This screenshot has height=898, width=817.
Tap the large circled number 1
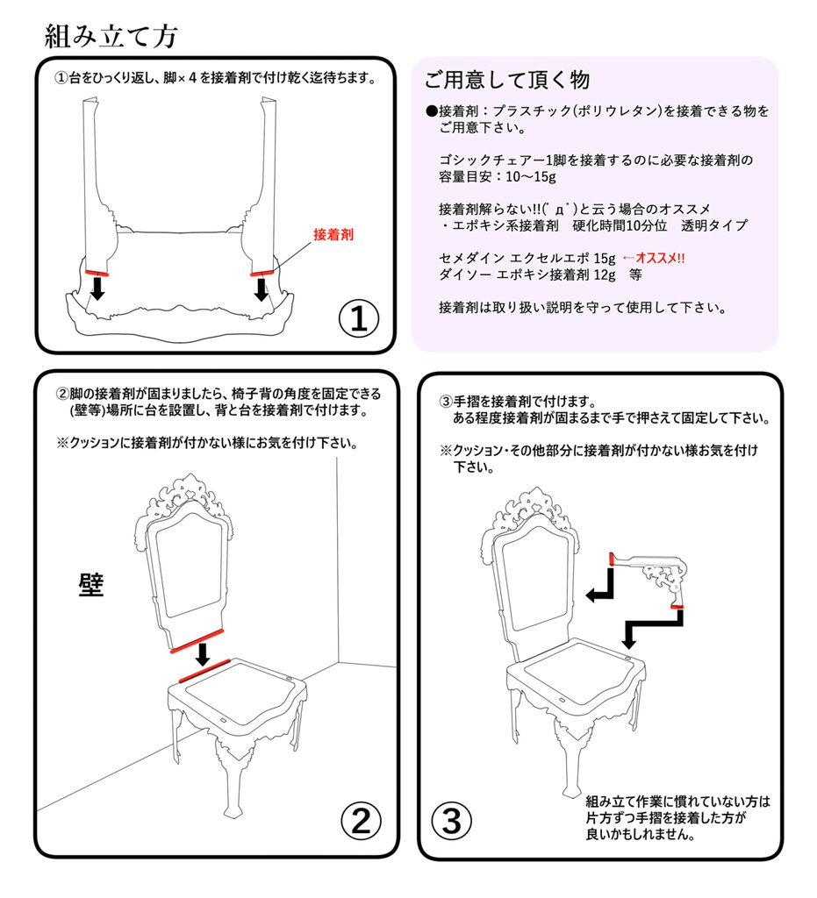coord(359,318)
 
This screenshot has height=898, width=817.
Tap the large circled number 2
coord(361,822)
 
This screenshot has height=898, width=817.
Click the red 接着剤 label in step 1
coord(334,235)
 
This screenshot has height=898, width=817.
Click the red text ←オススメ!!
coord(653,259)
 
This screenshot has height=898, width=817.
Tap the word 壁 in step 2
coord(91,586)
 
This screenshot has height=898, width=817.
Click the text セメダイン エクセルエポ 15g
coord(527,259)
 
